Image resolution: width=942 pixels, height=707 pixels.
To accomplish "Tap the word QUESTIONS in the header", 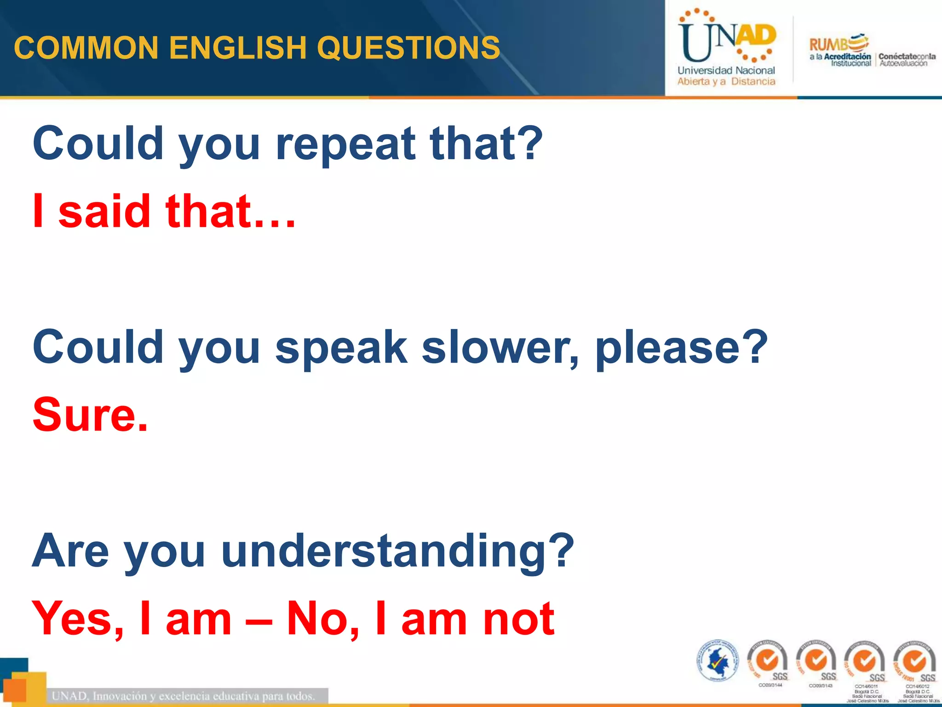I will [x=408, y=48].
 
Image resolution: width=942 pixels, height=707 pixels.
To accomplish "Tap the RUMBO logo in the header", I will [x=839, y=44].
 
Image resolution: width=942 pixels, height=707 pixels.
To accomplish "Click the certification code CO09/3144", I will [x=770, y=685].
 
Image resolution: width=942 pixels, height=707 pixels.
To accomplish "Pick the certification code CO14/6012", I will [x=917, y=686].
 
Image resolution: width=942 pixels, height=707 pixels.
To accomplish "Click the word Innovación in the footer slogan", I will [x=122, y=695].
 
